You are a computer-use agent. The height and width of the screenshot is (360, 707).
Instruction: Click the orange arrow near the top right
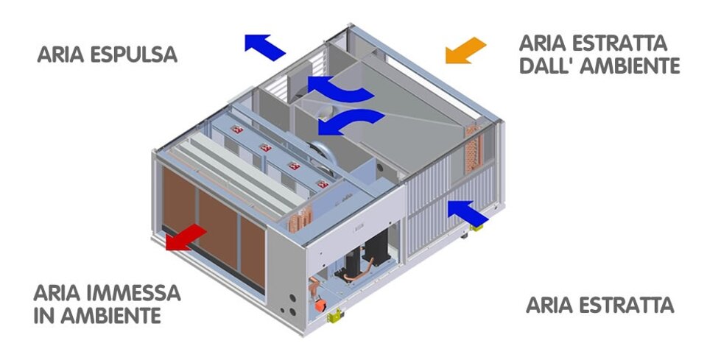tap(466, 49)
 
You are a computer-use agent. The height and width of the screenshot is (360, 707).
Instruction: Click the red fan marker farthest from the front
tap(238, 130)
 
